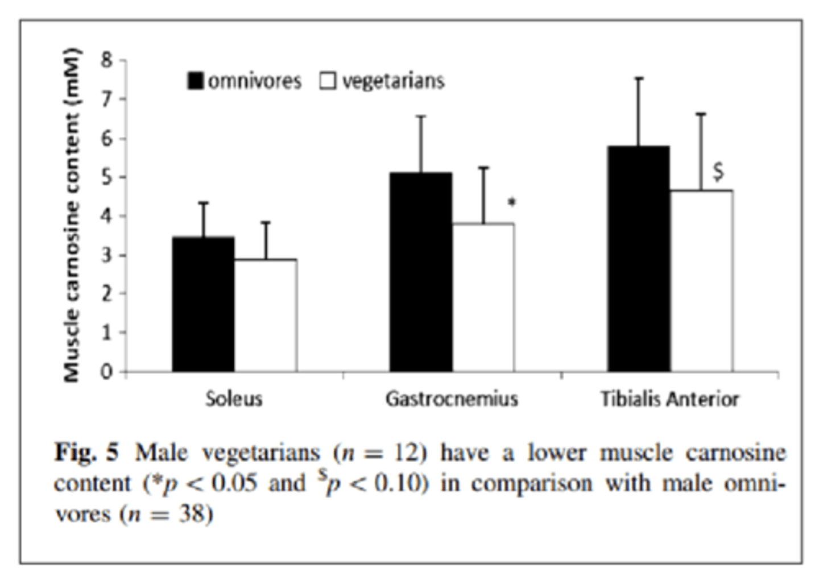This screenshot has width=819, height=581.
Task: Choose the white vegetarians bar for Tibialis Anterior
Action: click(x=701, y=281)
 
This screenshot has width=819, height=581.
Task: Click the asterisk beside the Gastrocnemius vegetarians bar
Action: click(x=512, y=202)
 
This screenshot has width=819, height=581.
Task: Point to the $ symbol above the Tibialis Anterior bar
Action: click(x=718, y=171)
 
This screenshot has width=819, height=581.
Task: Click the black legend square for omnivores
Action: click(x=195, y=81)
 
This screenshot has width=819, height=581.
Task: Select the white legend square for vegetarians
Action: click(x=328, y=81)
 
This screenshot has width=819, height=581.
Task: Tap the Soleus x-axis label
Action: click(x=234, y=399)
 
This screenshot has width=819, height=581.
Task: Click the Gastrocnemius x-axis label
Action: click(x=452, y=399)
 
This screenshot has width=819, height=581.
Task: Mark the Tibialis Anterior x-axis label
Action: click(x=669, y=399)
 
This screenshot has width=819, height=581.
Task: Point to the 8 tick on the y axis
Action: click(x=106, y=60)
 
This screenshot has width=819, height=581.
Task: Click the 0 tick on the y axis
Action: click(x=106, y=372)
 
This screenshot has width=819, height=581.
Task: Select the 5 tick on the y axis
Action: click(x=106, y=177)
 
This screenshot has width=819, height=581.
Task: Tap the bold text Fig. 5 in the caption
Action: click(x=86, y=453)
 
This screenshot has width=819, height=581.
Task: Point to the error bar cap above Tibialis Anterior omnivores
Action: click(x=638, y=78)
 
